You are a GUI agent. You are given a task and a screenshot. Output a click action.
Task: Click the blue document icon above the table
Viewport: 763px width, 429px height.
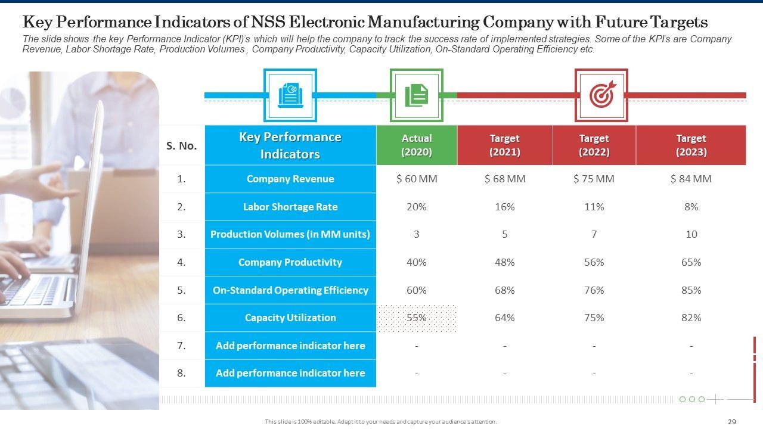290,95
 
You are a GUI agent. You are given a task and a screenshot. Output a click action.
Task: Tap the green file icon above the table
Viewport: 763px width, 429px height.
417,95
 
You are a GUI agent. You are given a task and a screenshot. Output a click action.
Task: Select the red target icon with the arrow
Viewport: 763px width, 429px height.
601,95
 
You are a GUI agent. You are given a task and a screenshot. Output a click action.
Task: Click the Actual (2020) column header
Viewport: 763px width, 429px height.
417,145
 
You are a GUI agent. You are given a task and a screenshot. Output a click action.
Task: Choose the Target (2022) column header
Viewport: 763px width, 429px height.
594,145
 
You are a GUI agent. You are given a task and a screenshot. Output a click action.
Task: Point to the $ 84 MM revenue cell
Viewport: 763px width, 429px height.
691,179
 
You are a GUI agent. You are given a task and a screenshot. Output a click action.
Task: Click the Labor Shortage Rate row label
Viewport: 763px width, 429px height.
290,207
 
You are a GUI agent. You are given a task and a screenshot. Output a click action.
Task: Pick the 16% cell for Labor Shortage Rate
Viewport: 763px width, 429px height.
504,207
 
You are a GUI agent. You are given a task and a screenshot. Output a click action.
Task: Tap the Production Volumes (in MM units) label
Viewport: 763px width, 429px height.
290,234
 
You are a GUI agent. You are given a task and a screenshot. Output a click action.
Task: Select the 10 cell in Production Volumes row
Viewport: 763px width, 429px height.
691,234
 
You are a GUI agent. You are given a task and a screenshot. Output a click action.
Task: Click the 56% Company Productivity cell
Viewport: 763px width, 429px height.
594,262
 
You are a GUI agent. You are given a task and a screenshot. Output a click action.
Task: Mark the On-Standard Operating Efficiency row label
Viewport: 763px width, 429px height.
290,290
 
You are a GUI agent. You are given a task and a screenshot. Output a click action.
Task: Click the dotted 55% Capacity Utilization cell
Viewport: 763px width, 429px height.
417,318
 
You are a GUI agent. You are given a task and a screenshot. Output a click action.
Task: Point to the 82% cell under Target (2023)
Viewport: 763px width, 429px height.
691,318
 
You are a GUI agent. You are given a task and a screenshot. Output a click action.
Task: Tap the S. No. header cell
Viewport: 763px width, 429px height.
182,145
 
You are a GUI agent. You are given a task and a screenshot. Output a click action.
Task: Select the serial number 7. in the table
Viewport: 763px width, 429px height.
182,346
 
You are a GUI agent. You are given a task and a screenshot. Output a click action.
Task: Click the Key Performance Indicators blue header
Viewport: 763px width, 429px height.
290,145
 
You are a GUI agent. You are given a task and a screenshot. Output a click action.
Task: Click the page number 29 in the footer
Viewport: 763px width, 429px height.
732,422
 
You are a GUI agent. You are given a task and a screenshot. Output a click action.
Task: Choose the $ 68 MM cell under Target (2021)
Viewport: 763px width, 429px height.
504,179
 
